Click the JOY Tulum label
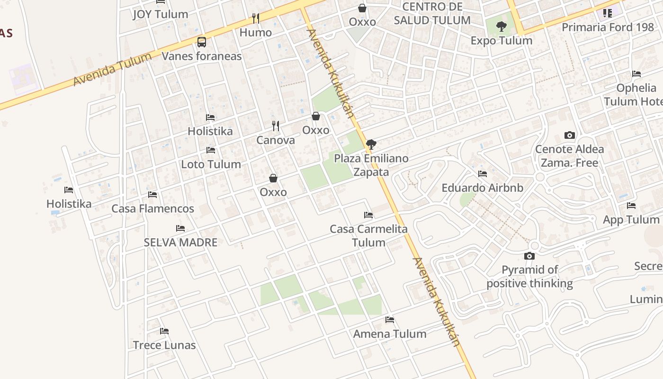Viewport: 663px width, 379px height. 160,14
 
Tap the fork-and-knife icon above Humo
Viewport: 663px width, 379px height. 256,18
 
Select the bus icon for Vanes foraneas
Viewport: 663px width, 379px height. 202,42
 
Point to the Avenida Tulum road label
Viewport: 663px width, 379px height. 112,69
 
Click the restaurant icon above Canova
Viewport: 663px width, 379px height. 276,126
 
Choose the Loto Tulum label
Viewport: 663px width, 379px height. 211,164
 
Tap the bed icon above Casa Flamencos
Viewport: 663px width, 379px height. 152,194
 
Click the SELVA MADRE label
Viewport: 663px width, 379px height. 180,243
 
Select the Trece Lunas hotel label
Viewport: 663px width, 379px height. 164,345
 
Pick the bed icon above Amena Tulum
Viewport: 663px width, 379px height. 390,320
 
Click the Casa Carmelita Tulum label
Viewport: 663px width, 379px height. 368,236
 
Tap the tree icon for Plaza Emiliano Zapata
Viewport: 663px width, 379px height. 371,144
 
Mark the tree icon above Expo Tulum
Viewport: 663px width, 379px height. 502,27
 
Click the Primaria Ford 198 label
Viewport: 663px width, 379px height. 608,27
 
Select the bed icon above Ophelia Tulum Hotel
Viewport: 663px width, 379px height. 636,74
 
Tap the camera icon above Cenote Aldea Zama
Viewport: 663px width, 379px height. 570,135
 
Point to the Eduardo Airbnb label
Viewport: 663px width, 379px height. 482,188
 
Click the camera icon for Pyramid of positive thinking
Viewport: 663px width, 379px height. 529,256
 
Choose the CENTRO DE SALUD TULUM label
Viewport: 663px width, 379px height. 432,13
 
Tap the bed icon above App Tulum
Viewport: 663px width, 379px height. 631,206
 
